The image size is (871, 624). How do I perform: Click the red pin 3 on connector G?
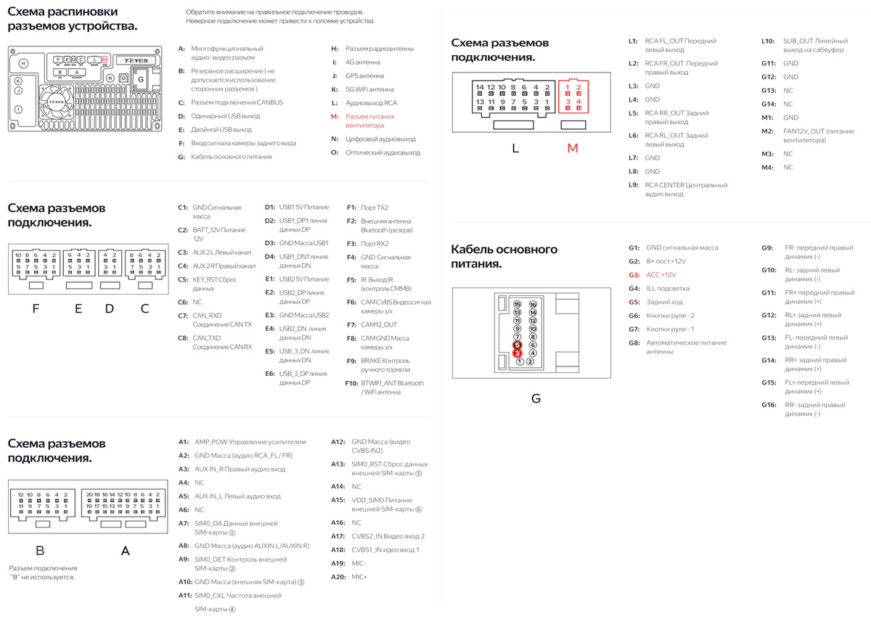(518, 353)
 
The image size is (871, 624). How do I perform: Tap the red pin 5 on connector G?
(518, 345)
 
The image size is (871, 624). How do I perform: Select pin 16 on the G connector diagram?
(533, 304)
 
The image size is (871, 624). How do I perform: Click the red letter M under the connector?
(573, 148)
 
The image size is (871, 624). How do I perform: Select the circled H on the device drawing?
(23, 64)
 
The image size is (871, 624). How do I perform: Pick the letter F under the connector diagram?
(36, 308)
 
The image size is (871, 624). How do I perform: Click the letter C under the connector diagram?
(144, 308)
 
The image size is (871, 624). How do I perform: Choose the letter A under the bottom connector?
(125, 551)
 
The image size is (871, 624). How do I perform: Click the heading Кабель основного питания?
(504, 256)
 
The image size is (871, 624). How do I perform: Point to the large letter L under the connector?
(515, 148)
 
